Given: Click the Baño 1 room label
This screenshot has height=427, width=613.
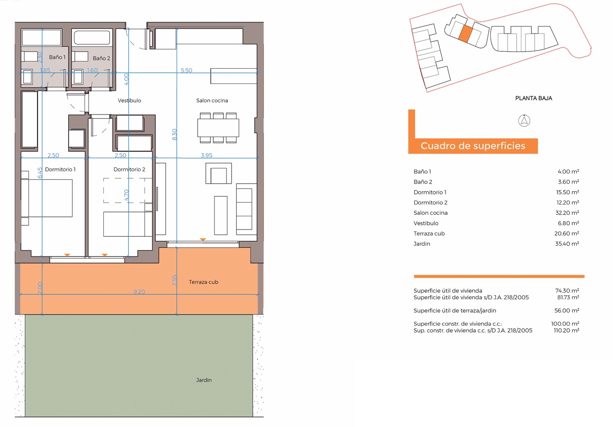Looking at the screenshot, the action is click(x=57, y=57).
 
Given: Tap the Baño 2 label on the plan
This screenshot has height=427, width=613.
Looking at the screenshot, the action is click(x=101, y=58).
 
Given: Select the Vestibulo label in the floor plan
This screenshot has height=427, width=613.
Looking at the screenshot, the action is click(x=129, y=100).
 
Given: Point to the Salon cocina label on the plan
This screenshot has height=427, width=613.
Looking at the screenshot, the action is click(x=212, y=100).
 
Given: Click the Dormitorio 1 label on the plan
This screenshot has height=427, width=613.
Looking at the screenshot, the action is click(x=60, y=169).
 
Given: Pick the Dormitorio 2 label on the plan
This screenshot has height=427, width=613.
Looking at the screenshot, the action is click(x=129, y=169).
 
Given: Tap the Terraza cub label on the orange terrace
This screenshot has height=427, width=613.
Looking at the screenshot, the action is click(x=204, y=282).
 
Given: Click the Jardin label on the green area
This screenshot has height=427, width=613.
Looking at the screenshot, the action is click(x=204, y=380).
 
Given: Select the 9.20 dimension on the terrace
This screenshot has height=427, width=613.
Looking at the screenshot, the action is click(x=140, y=292).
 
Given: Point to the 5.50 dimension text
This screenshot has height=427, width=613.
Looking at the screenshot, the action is click(x=186, y=70).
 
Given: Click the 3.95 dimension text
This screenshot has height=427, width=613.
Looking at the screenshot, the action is click(x=207, y=155).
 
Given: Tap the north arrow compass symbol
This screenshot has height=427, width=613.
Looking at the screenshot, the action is click(x=524, y=121).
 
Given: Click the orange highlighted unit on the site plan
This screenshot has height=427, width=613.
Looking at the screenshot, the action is click(x=465, y=34).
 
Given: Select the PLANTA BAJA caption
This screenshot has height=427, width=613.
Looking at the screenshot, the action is click(x=534, y=98).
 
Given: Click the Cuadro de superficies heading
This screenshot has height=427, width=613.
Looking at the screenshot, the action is click(x=473, y=146).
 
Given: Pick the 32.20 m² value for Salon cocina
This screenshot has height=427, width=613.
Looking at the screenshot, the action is click(x=567, y=213).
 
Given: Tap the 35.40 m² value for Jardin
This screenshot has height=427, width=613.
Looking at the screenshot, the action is click(x=567, y=243).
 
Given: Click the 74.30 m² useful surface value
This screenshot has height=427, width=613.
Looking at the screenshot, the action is click(x=567, y=291).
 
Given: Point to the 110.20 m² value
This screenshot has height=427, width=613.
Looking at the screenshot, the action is click(x=566, y=330).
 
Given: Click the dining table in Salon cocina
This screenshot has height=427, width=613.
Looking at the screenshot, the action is click(x=218, y=128).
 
